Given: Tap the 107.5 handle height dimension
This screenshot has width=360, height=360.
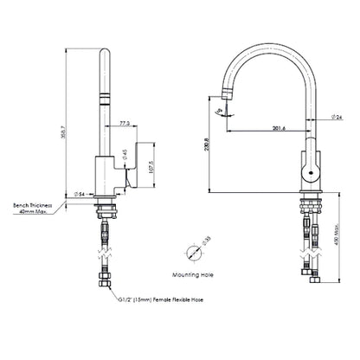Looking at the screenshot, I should [x=152, y=166].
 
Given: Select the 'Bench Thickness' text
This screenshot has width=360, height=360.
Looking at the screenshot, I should [x=32, y=205].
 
